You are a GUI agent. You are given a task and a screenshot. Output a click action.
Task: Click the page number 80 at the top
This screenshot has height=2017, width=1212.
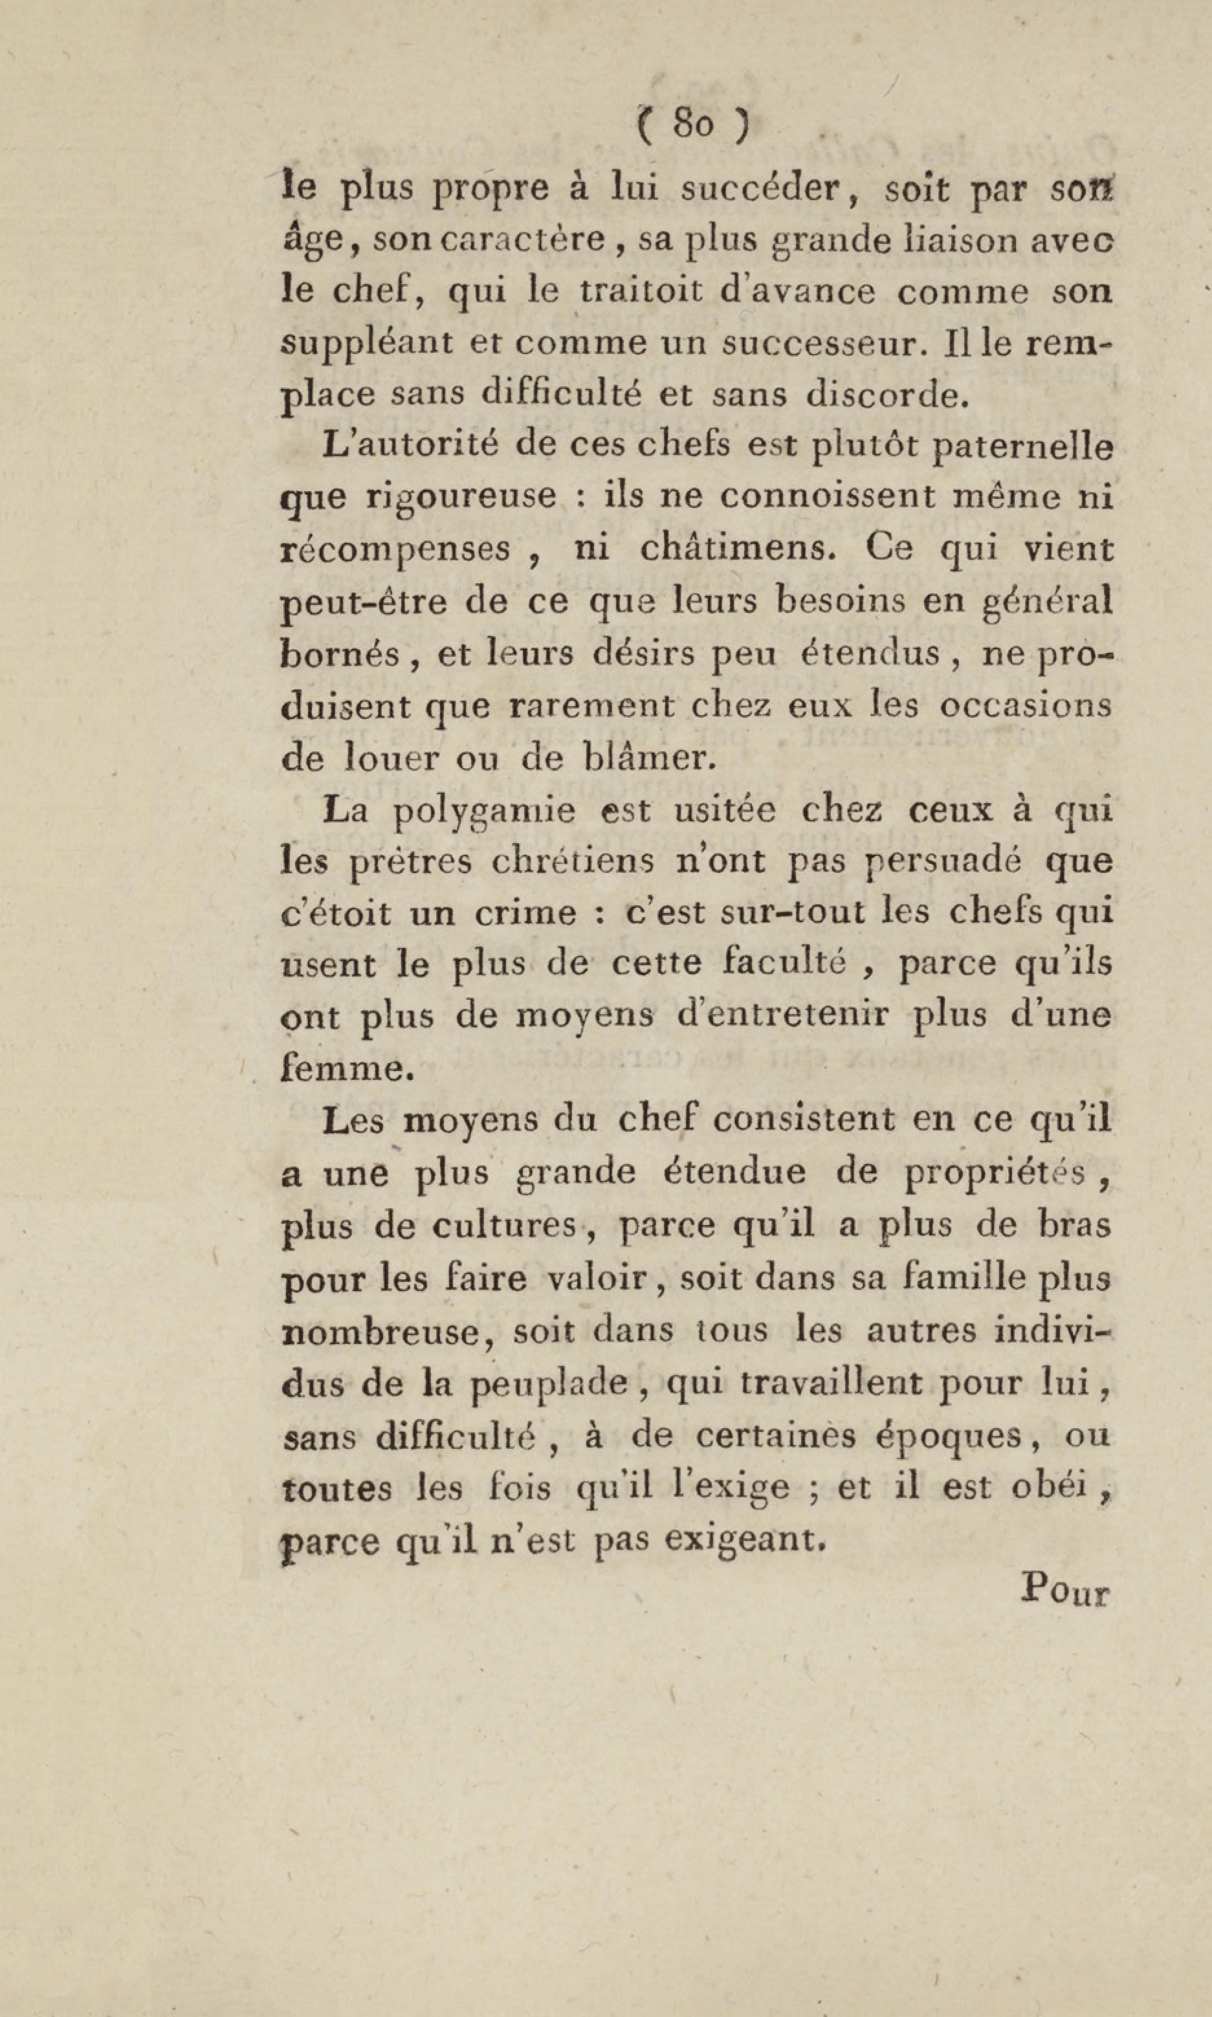tap(692, 124)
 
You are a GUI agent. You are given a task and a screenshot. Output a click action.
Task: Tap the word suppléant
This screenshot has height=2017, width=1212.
tap(367, 344)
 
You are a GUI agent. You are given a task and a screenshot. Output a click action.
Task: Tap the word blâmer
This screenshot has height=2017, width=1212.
tap(651, 757)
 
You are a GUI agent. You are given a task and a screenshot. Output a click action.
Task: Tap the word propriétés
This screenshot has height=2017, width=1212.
tap(995, 1173)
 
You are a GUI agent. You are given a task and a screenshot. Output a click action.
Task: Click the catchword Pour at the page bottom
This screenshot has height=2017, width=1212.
tap(1065, 1589)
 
